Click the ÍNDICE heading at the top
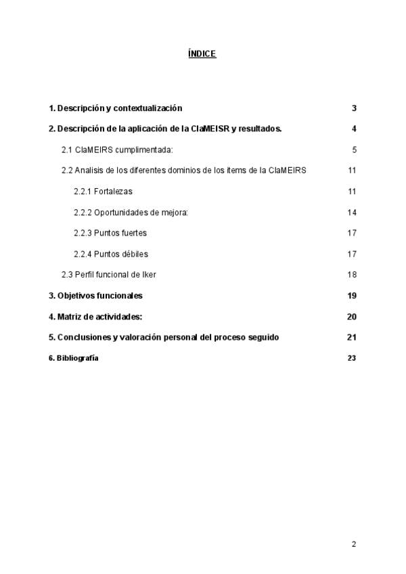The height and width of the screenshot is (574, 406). (202, 53)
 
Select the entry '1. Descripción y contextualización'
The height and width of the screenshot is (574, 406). (116, 108)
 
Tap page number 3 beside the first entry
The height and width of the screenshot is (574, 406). (354, 108)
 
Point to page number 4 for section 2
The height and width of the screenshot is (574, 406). (354, 129)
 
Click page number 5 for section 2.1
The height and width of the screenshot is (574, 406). (354, 150)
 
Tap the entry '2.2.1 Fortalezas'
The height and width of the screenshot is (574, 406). (103, 192)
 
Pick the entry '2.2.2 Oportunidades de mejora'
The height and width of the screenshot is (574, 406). (131, 213)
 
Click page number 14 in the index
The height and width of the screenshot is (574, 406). (352, 213)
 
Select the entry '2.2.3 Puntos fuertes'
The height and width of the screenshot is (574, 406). (110, 233)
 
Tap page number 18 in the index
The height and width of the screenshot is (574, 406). (352, 274)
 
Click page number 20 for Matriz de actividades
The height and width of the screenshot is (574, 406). (351, 317)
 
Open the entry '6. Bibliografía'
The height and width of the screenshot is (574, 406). (73, 358)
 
